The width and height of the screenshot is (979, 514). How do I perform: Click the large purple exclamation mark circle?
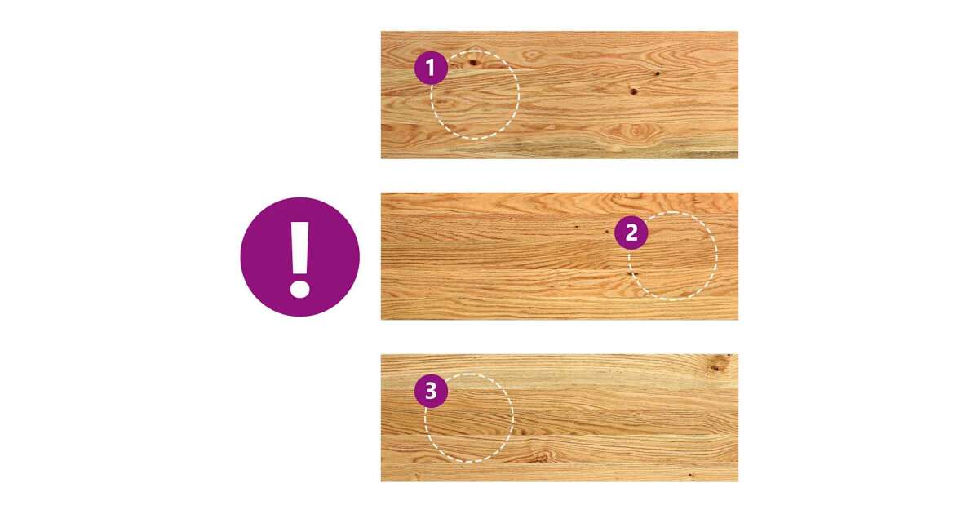tap(300, 257)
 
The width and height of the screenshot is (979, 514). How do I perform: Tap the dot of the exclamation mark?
tap(300, 290)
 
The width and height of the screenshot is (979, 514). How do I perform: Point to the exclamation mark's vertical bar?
tap(300, 248)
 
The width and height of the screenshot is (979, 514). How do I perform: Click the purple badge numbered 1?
tap(431, 69)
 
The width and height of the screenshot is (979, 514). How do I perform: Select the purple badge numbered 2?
tap(631, 233)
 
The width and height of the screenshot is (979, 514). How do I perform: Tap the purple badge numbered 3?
tap(431, 391)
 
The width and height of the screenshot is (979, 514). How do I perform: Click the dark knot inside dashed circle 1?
tap(473, 63)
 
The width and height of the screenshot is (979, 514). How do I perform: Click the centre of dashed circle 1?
tap(475, 95)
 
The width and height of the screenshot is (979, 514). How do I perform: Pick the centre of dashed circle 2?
tap(673, 255)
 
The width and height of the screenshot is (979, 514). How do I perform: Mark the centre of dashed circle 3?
tap(469, 418)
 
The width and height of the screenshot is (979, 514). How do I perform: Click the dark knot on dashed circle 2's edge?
tap(632, 274)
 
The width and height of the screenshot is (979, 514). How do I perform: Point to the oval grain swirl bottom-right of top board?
tap(636, 131)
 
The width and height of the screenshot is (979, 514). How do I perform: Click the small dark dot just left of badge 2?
tap(607, 231)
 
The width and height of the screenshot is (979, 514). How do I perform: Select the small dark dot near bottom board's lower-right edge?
tap(689, 475)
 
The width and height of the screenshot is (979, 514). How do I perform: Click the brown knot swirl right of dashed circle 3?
tap(540, 457)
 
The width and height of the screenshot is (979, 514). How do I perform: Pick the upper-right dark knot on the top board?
tap(657, 73)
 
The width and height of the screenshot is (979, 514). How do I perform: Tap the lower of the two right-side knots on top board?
tap(634, 91)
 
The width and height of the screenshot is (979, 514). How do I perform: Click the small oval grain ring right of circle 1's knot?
tap(532, 55)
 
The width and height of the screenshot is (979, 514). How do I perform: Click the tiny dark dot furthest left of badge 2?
tap(576, 228)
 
